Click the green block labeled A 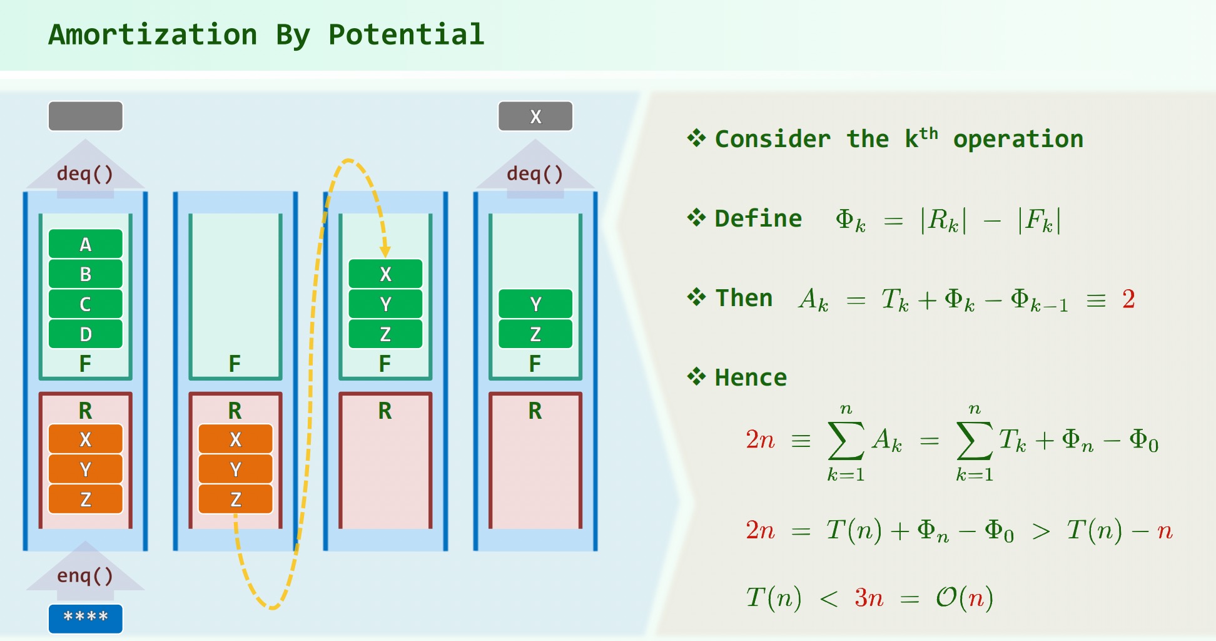[85, 244]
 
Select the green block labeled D [85, 334]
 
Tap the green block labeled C [85, 304]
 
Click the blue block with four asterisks [85, 618]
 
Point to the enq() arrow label [85, 575]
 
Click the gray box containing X [535, 116]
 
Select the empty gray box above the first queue [85, 116]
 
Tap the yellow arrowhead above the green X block [385, 251]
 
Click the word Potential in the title [406, 34]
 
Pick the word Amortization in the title [153, 34]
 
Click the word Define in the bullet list [758, 218]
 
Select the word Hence [751, 377]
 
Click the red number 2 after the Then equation [1128, 299]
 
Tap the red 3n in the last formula [869, 598]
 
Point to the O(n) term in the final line [964, 598]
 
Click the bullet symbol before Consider [696, 138]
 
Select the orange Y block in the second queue [235, 469]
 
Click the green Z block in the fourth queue [535, 334]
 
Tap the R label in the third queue [385, 411]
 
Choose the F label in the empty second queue [235, 364]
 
